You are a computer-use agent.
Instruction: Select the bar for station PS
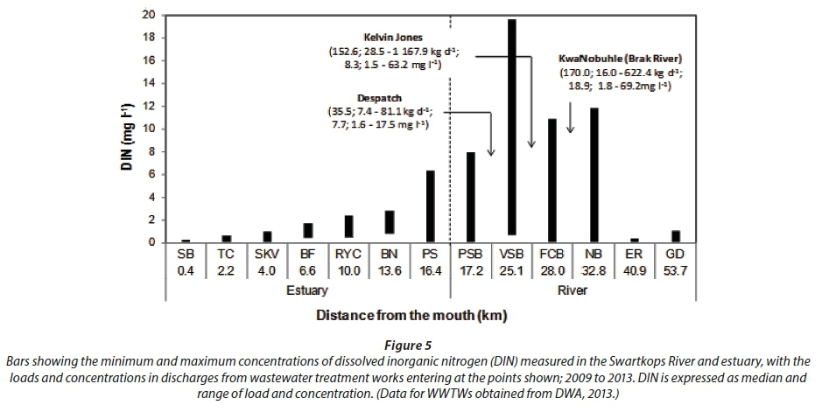coord(430,206)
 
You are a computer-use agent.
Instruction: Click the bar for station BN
coord(389,222)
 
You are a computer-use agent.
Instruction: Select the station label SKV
coord(267,253)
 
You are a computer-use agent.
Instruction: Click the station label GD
coord(675,253)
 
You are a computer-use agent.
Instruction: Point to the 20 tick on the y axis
coord(151,15)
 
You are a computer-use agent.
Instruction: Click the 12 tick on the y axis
coord(151,106)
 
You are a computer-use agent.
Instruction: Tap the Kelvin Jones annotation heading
coord(393,38)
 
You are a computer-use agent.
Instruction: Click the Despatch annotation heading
coord(379,99)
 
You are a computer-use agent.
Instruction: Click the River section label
coord(573,290)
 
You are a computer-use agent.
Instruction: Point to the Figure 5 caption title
coord(410,346)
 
